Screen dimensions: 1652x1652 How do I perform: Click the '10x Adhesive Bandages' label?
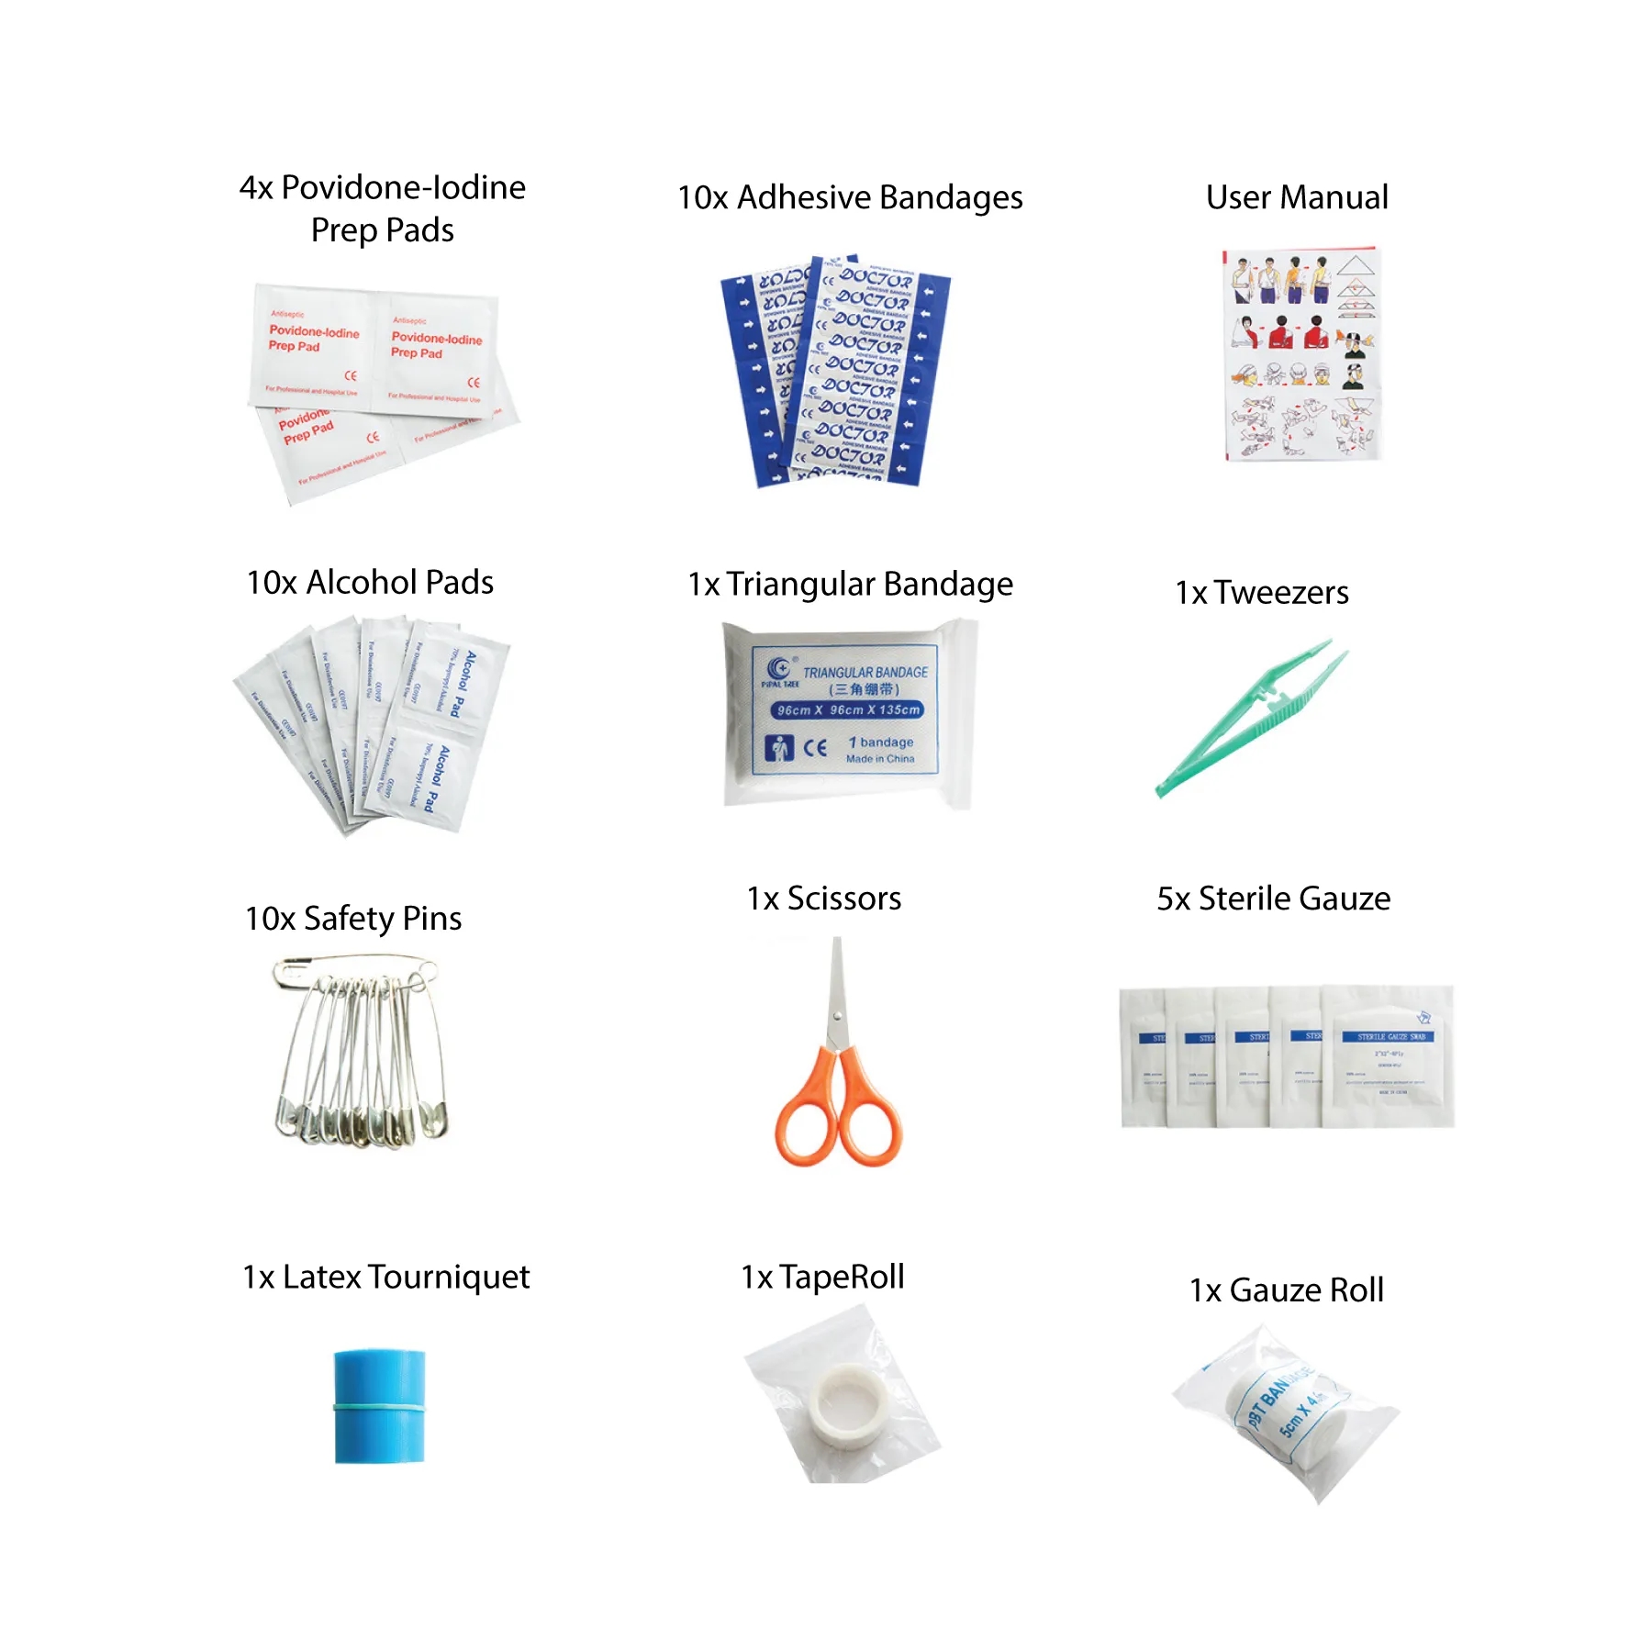(x=850, y=197)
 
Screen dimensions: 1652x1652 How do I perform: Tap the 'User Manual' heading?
(x=1296, y=197)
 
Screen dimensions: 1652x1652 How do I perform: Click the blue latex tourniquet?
(x=379, y=1405)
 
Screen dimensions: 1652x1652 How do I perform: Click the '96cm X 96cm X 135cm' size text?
(x=848, y=710)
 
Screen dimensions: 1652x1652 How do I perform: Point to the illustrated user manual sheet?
(x=1302, y=353)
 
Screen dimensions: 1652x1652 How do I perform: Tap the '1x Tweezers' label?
(x=1262, y=593)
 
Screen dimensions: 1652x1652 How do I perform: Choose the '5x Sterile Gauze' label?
(x=1273, y=899)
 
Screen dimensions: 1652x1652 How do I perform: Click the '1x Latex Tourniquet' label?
(x=386, y=1277)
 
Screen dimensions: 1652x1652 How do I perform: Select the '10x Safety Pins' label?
(x=353, y=919)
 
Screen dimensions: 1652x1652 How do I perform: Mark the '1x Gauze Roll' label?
(x=1286, y=1290)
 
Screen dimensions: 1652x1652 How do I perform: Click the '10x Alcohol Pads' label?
(x=370, y=583)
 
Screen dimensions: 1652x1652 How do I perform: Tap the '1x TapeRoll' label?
(x=822, y=1277)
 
